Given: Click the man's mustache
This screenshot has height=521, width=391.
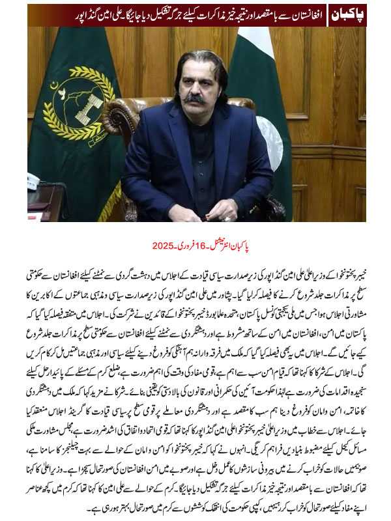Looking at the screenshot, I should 194,99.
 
